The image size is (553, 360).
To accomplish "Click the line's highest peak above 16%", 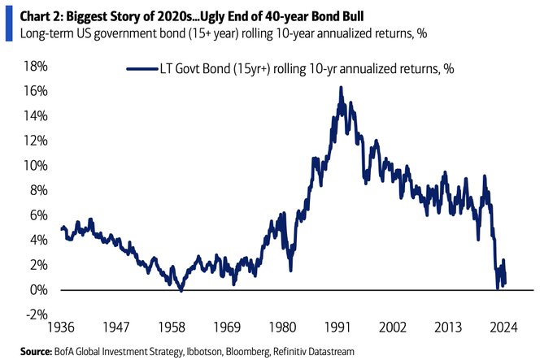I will click(341, 87).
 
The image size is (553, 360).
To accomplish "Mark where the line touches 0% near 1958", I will click(181, 289).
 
